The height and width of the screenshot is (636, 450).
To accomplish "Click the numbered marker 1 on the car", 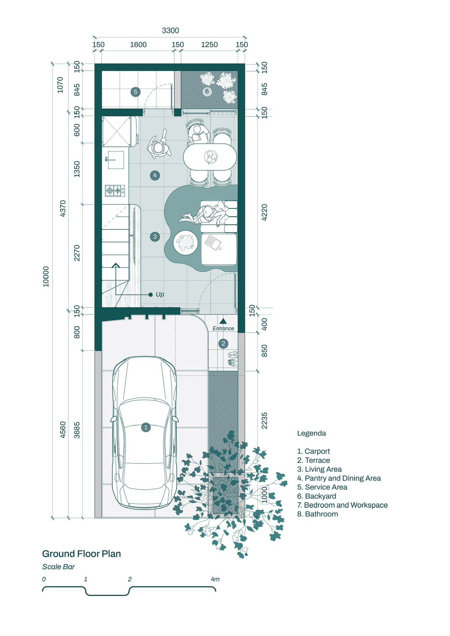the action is pyautogui.click(x=146, y=427).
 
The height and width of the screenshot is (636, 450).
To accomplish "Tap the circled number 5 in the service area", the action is pyautogui.click(x=136, y=92).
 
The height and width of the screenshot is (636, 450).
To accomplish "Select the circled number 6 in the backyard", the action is pyautogui.click(x=207, y=91).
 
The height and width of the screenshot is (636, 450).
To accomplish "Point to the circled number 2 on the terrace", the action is pyautogui.click(x=223, y=343).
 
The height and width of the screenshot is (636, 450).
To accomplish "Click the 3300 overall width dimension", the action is pyautogui.click(x=171, y=30).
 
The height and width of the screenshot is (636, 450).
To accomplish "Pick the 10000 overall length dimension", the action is pyautogui.click(x=46, y=277).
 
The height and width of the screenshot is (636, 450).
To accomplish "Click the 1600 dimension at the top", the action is pyautogui.click(x=138, y=45).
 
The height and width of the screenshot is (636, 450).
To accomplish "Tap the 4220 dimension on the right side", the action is pyautogui.click(x=264, y=212).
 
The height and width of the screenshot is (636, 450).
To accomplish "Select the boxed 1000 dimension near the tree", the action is pyautogui.click(x=264, y=494).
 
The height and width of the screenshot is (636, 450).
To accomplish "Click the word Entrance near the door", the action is pyautogui.click(x=223, y=328).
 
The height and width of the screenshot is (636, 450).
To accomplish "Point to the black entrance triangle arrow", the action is pyautogui.click(x=223, y=321).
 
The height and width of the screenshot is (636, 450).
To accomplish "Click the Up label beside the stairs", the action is pyautogui.click(x=160, y=295).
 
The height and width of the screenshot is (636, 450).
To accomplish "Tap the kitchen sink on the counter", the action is pyautogui.click(x=115, y=159).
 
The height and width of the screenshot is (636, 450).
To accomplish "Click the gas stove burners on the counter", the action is pyautogui.click(x=115, y=190).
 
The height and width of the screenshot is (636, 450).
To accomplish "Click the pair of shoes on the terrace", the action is pyautogui.click(x=233, y=358).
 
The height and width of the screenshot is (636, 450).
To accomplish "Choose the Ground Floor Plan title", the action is pyautogui.click(x=81, y=554).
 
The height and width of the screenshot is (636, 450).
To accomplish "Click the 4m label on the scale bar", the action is pyautogui.click(x=215, y=579).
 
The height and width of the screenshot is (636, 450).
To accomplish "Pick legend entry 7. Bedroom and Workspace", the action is pyautogui.click(x=342, y=505).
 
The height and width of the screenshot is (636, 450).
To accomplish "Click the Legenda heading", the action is pyautogui.click(x=311, y=433).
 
